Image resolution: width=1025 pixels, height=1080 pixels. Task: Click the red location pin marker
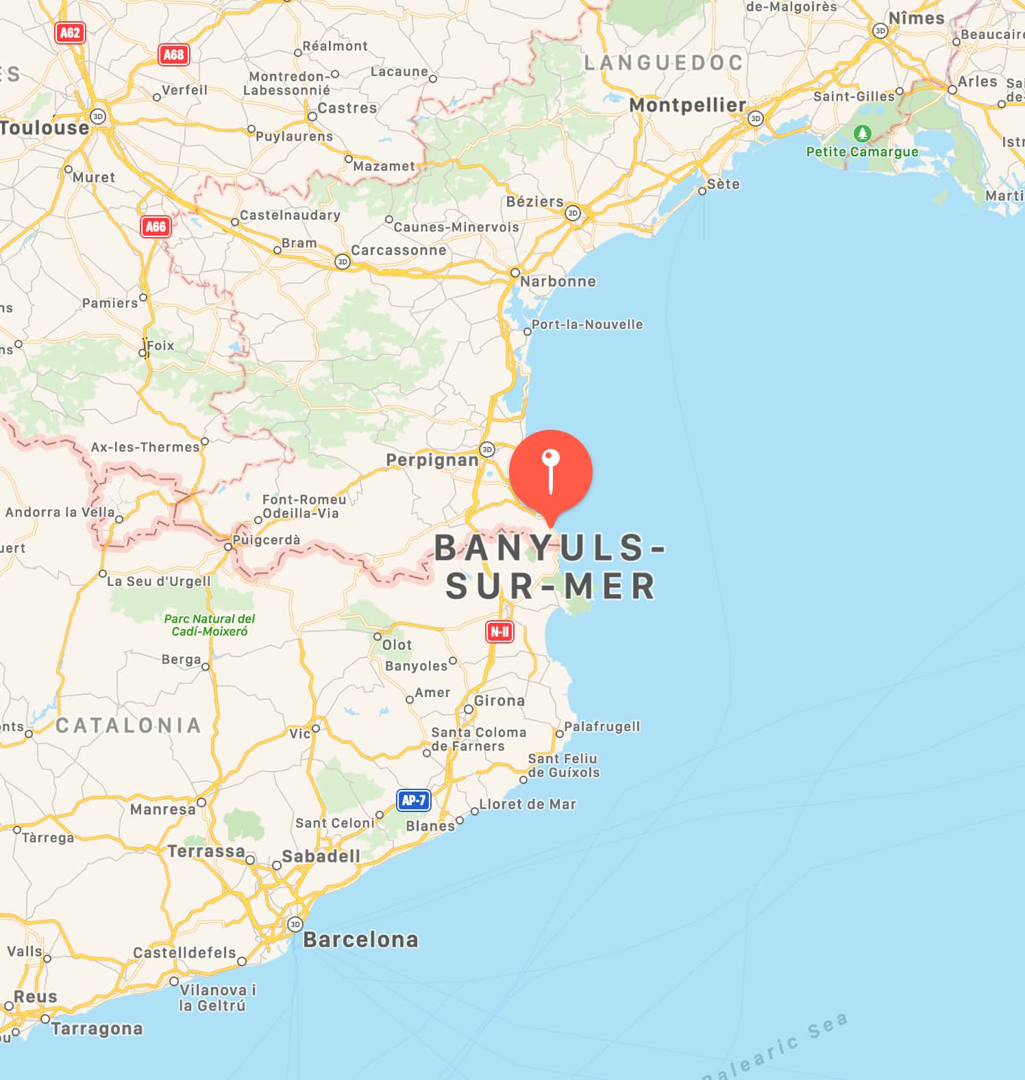coord(550,474)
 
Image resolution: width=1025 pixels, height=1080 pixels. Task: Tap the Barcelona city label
coord(360,939)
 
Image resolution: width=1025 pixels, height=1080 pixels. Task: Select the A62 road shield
coord(70,33)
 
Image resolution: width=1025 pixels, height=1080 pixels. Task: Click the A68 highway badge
coord(173,54)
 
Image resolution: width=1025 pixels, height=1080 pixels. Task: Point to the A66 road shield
coord(156,227)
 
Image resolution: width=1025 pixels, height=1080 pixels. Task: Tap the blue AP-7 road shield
coord(414,800)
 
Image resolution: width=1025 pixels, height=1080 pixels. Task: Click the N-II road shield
coord(499,631)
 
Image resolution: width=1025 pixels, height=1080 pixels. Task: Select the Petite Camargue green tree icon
coord(862,133)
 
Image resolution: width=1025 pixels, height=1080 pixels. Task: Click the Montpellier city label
coord(687,106)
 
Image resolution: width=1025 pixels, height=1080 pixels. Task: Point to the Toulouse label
coord(45,128)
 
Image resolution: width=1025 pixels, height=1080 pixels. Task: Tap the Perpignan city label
coord(432,460)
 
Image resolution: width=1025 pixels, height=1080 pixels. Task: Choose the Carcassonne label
coord(399,251)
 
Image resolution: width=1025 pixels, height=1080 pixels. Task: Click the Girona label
coord(499,701)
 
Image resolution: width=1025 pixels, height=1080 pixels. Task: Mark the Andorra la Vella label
coord(60,512)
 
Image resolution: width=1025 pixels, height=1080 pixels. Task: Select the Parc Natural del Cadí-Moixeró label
coord(210,625)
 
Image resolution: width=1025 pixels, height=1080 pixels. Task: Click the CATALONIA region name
coord(128,725)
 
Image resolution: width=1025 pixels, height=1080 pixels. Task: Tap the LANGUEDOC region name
coord(663,63)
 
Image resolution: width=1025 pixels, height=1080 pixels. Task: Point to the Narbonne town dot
coord(515,273)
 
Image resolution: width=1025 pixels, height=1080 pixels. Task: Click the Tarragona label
coord(97,1029)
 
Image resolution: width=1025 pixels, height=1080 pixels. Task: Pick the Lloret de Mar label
coord(528,804)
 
